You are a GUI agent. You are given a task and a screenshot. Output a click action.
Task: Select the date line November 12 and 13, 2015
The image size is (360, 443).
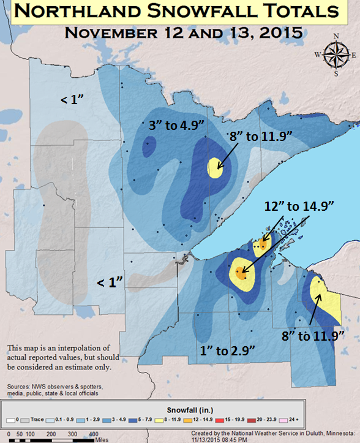click(x=183, y=32)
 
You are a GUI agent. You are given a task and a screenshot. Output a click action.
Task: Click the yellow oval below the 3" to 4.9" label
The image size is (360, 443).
click(x=214, y=166)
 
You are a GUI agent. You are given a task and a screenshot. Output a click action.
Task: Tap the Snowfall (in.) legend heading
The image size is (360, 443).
click(x=180, y=409)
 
